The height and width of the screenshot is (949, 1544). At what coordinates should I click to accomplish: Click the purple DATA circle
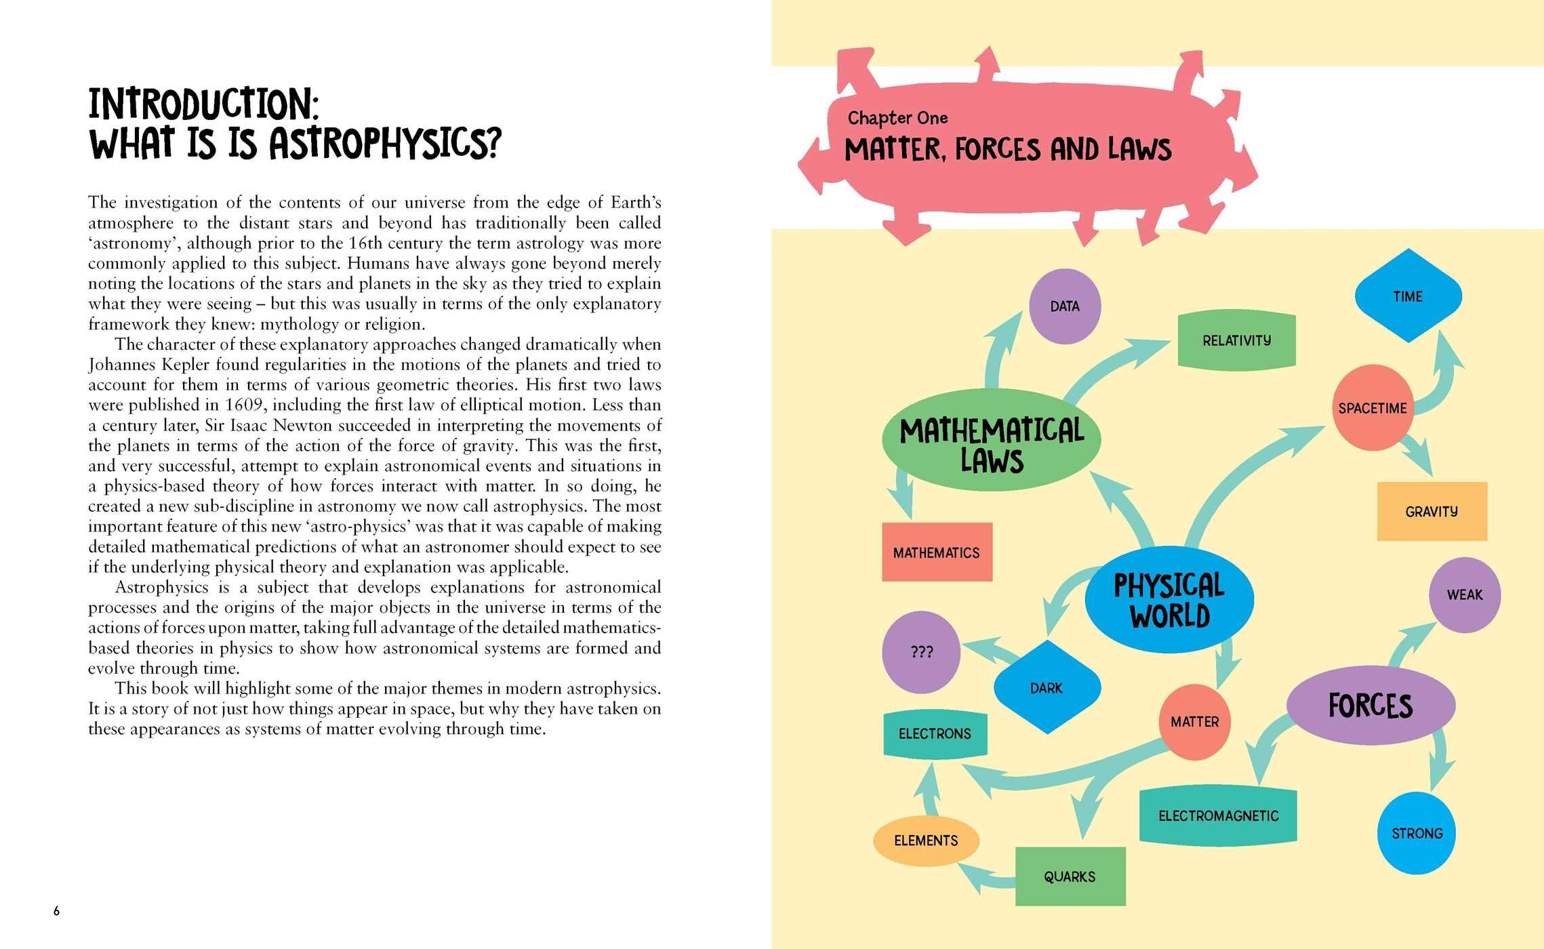(x=1064, y=306)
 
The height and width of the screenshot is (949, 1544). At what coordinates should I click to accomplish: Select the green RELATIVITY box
(x=1236, y=340)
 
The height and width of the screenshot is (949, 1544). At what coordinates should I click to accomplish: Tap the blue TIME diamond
(x=1408, y=296)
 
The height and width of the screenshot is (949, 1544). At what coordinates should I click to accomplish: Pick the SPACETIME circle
(x=1373, y=408)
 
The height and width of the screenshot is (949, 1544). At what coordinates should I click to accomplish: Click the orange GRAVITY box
(x=1432, y=512)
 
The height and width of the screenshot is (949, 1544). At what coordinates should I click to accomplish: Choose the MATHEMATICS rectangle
(x=937, y=552)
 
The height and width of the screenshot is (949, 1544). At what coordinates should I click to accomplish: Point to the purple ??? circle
(x=921, y=652)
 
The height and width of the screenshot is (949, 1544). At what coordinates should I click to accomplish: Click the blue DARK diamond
(x=1047, y=687)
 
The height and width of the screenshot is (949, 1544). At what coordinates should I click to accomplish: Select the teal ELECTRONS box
(x=935, y=733)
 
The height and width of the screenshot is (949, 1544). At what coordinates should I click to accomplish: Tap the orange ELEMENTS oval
(x=927, y=841)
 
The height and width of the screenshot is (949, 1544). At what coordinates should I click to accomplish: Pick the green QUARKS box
(x=1070, y=876)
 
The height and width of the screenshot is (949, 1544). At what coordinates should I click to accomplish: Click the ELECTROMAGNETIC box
(x=1218, y=815)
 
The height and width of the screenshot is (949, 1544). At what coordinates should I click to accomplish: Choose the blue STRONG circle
(x=1417, y=833)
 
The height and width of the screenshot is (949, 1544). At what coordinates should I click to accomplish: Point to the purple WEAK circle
(x=1465, y=595)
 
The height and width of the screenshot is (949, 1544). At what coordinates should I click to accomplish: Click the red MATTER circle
(x=1195, y=722)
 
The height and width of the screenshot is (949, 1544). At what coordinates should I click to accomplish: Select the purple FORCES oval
(x=1370, y=706)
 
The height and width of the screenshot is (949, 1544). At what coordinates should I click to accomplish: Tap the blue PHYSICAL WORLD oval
(x=1169, y=600)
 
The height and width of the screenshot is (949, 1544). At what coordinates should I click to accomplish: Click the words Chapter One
(x=897, y=118)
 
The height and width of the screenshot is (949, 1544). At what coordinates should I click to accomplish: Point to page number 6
(x=56, y=911)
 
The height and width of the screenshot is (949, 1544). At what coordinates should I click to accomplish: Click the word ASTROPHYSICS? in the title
(x=385, y=143)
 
